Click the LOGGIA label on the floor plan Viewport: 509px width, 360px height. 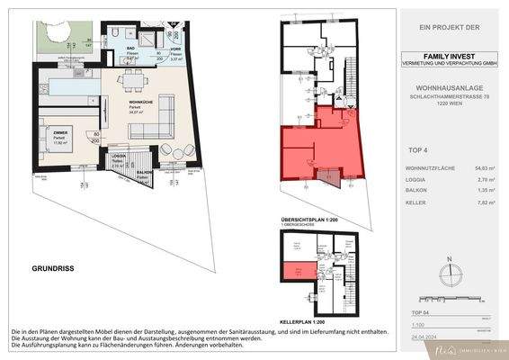[x=118, y=156]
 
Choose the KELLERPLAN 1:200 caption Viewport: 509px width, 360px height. [x=305, y=319]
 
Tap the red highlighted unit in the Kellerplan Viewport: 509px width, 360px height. [x=292, y=273]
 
